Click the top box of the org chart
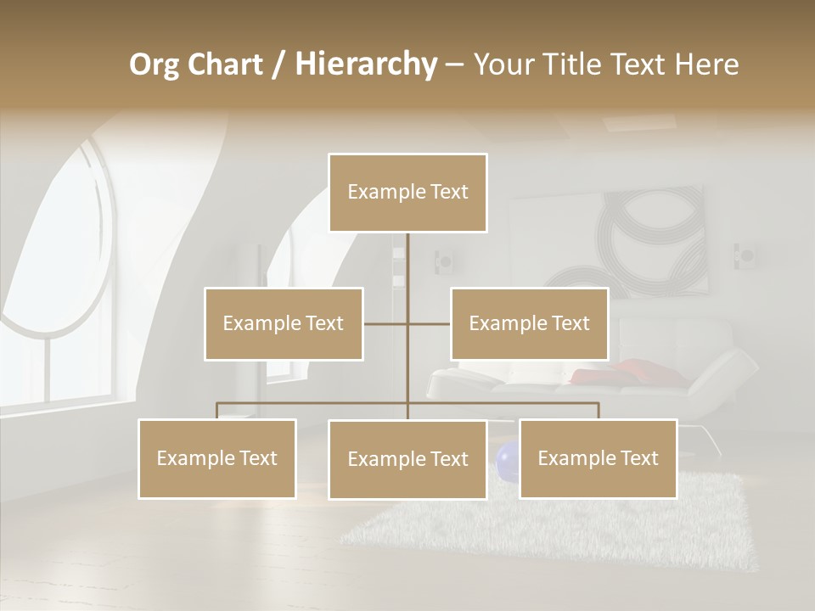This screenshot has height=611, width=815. tap(407, 193)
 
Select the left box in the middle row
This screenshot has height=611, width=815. tap(284, 323)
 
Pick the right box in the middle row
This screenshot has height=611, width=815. tap(529, 323)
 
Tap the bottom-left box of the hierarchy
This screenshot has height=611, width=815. tap(217, 458)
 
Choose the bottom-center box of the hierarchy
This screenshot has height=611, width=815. tap(407, 459)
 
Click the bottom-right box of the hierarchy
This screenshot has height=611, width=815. tap(598, 458)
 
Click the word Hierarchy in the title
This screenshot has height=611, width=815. tap(366, 64)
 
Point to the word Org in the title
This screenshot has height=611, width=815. tap(155, 64)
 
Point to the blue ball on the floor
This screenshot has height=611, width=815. tap(507, 462)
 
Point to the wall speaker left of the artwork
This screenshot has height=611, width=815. tap(443, 261)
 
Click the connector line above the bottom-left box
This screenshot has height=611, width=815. tap(217, 410)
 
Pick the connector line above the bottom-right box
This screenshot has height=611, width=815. tap(598, 410)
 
